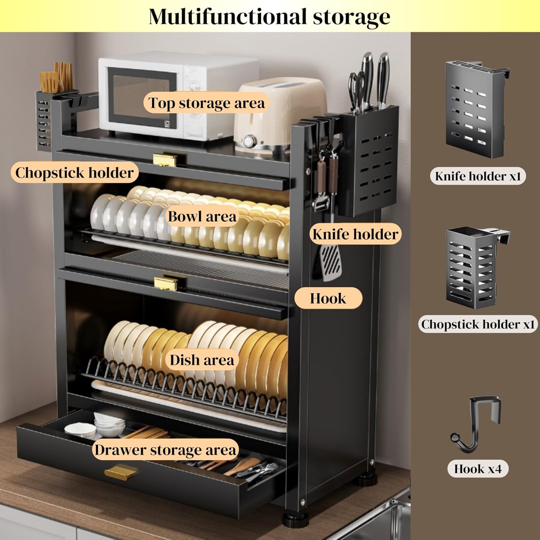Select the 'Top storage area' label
(207, 103)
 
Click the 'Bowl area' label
(202, 216)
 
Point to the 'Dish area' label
(202, 360)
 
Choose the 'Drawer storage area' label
(165, 450)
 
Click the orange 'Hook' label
(328, 298)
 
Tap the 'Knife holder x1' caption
(478, 176)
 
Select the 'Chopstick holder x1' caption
(478, 324)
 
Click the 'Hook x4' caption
(478, 469)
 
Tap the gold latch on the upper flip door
(165, 159)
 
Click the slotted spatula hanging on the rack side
(330, 261)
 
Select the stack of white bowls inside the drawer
(107, 425)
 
